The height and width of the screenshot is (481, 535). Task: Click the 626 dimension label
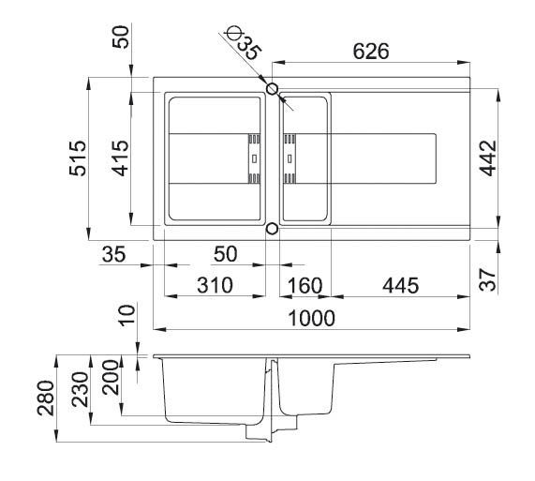click(x=371, y=52)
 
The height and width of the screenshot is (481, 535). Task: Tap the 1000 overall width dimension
click(x=312, y=318)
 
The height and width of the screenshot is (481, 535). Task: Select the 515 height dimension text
click(x=78, y=158)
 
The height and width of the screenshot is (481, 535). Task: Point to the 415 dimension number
click(x=121, y=158)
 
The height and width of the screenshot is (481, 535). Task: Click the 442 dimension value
click(x=488, y=158)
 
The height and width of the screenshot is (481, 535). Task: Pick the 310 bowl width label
click(x=215, y=285)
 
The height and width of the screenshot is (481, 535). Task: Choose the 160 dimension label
click(x=305, y=285)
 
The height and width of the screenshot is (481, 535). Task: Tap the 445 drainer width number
click(x=401, y=285)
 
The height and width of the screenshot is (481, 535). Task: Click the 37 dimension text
click(x=487, y=280)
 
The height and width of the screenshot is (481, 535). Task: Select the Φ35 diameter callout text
click(x=245, y=44)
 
